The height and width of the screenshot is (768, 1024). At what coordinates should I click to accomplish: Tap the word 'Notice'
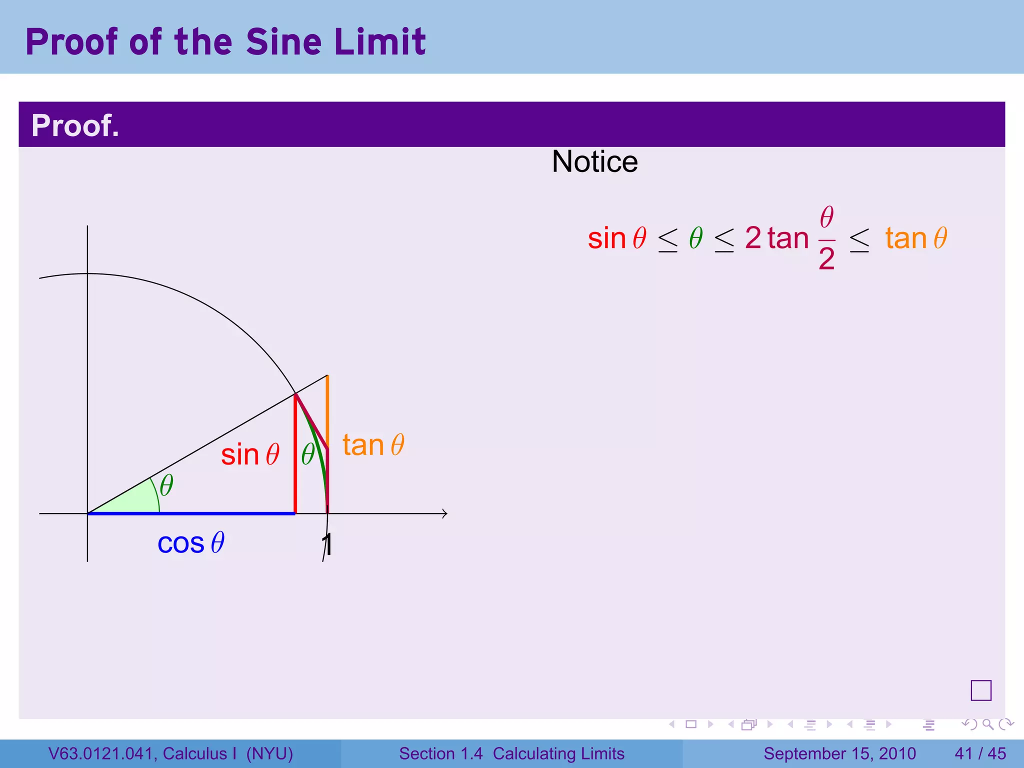(594, 161)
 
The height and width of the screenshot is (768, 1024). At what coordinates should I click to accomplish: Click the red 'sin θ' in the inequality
(617, 238)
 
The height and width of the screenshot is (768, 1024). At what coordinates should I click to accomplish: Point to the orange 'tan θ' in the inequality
(916, 238)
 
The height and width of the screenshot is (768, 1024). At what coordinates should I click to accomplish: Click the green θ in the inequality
(695, 238)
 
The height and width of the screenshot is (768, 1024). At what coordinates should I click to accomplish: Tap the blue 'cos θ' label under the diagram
(191, 543)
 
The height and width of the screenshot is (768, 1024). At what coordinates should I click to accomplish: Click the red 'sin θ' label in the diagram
(250, 454)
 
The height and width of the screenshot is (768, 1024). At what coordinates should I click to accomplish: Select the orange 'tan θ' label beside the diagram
(373, 445)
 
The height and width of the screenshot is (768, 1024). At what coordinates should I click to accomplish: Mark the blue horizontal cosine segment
(190, 513)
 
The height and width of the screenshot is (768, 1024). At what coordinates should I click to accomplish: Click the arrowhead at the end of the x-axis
(444, 513)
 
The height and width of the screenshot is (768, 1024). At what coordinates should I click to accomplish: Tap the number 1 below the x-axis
(327, 544)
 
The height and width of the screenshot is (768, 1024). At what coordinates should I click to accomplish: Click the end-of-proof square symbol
(980, 690)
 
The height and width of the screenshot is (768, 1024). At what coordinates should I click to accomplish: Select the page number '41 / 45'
(980, 753)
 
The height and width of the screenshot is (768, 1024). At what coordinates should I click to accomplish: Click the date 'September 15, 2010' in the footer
(839, 753)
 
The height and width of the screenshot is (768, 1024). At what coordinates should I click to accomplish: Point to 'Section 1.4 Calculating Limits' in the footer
(511, 753)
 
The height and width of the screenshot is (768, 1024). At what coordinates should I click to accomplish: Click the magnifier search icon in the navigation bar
(987, 724)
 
